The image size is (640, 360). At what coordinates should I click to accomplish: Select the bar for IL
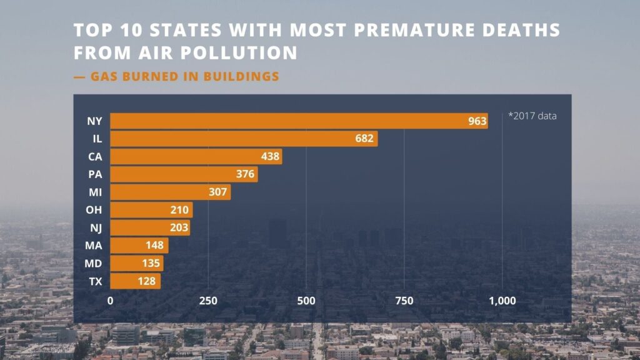244,139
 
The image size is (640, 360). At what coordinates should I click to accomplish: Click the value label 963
477,121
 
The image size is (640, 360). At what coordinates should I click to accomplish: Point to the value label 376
246,174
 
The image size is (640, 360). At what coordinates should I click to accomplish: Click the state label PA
95,174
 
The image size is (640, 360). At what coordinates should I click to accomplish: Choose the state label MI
95,192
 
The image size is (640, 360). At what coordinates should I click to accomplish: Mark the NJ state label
95,228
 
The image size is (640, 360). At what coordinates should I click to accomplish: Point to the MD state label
94,264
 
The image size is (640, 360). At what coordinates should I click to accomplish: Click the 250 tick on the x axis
208,301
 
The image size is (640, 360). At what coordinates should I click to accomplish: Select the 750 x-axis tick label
404,301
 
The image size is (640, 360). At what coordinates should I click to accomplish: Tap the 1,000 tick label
501,301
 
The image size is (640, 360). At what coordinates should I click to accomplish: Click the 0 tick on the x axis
111,301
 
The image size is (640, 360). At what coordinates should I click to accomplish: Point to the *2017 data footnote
532,116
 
